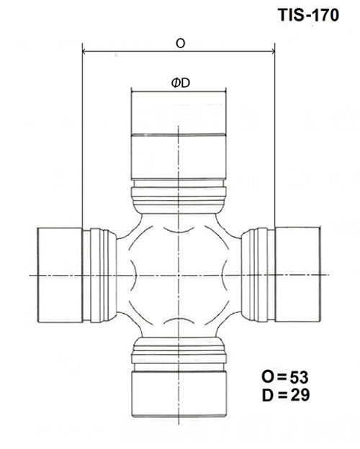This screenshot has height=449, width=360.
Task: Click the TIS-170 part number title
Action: [x=308, y=15]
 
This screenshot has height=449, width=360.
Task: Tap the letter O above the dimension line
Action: [x=180, y=43]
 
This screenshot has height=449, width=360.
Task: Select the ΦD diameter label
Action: [x=181, y=83]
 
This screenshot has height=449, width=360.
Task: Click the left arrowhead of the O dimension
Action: [x=84, y=52]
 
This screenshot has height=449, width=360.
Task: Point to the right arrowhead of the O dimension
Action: [x=273, y=52]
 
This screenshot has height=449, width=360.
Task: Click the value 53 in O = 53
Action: [x=299, y=378]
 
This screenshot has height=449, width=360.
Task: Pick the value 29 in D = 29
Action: [x=300, y=395]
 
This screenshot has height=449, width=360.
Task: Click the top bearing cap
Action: [x=179, y=135]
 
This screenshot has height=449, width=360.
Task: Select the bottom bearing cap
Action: [x=179, y=394]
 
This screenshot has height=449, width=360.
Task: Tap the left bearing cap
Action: [x=60, y=275]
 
